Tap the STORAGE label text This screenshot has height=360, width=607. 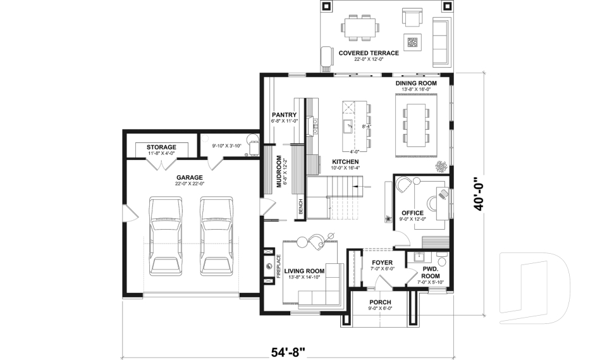coord(161,147)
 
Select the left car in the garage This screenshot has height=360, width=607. coord(166,236)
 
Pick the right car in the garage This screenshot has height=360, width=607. coord(217,236)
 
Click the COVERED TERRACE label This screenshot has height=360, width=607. coord(369,53)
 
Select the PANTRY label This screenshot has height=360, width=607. coord(284,115)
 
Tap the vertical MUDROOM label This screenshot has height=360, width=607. coord(279,171)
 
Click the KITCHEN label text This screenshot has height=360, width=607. coord(345,162)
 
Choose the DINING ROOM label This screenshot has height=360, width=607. coord(416,83)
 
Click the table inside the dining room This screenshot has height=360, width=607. coord(416,125)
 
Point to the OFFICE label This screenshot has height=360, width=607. coord(412,213)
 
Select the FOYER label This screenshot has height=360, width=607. coord(382,262)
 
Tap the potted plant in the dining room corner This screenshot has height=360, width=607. coord(441,166)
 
